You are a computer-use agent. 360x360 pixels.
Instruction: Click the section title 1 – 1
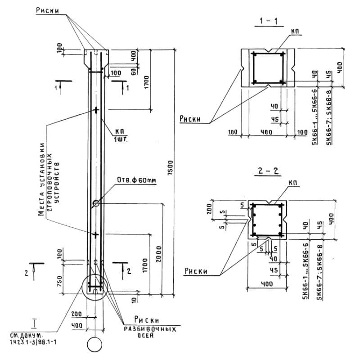coord(269,22)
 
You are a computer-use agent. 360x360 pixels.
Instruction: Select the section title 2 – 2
coord(269,171)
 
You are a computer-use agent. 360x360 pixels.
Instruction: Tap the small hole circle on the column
coord(96,203)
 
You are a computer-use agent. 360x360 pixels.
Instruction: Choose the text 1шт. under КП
coord(121,139)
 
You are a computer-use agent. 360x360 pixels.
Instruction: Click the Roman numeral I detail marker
coord(34,323)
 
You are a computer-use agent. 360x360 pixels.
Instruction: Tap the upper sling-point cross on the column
coord(96,109)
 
